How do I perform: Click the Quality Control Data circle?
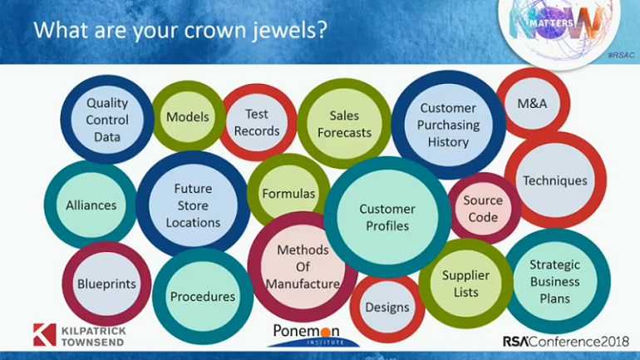107,120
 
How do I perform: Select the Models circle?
188,117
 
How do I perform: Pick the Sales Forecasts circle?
344,124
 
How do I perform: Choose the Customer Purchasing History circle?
448,125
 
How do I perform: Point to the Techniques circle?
555,180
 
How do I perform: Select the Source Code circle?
483,209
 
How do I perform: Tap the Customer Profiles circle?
386,217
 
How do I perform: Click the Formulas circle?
288,194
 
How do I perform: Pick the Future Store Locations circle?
193,205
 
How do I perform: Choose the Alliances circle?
91,205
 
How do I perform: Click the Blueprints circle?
106,284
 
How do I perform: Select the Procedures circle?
203,296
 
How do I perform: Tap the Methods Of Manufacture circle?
303,266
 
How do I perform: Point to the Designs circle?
387,308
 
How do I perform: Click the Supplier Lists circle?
465,284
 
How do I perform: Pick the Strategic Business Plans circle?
554,281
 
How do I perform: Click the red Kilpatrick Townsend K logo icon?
44,334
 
